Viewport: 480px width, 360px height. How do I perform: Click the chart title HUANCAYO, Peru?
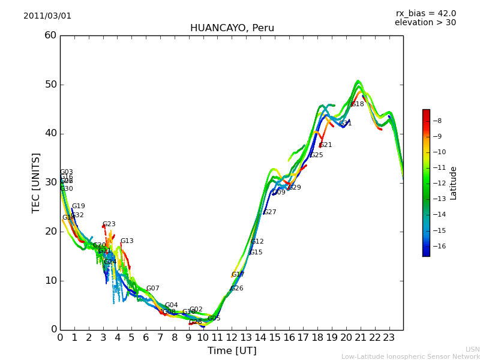click(x=232, y=28)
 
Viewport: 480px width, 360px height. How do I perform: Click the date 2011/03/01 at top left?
click(x=47, y=16)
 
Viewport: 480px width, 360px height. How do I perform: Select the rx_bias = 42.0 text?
click(x=425, y=14)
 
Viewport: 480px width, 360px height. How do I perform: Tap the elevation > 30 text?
click(x=425, y=23)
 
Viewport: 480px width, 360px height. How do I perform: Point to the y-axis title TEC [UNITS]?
click(x=37, y=182)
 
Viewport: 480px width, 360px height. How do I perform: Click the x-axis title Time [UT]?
click(x=232, y=351)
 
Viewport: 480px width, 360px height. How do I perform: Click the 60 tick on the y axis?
click(x=50, y=35)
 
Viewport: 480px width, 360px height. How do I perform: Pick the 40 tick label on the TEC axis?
click(x=50, y=133)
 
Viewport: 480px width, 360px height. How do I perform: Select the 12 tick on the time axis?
click(x=232, y=337)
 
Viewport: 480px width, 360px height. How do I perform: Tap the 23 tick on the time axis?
click(x=389, y=337)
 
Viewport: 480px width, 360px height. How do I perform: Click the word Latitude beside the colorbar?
click(x=454, y=182)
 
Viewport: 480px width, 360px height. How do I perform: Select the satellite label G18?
click(x=358, y=104)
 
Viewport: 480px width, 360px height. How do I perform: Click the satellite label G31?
click(x=345, y=124)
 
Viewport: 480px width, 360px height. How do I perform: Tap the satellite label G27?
click(x=270, y=212)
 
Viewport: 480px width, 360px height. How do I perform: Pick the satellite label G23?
click(x=109, y=224)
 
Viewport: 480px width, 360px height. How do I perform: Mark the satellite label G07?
click(x=153, y=289)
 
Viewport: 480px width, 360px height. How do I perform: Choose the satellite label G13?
click(x=127, y=241)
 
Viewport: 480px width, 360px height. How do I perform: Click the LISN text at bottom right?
click(x=473, y=349)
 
